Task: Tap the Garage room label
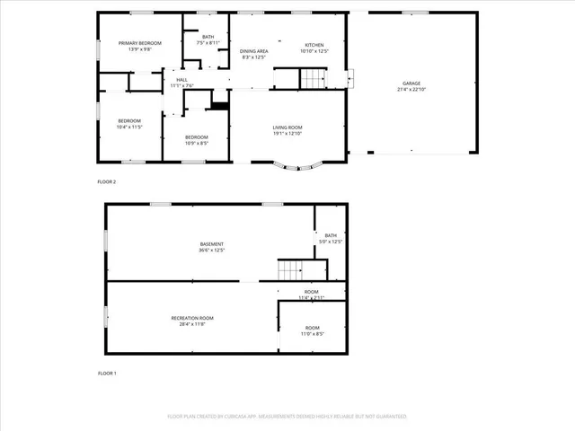411,84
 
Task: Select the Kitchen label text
314,45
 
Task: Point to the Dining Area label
254,51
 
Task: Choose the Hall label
181,80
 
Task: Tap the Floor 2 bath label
208,37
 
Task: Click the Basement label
212,244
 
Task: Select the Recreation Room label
192,318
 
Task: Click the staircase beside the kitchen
310,79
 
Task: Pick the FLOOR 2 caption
107,182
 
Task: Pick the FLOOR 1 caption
107,373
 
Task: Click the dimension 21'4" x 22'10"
411,89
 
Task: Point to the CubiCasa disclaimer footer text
287,417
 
